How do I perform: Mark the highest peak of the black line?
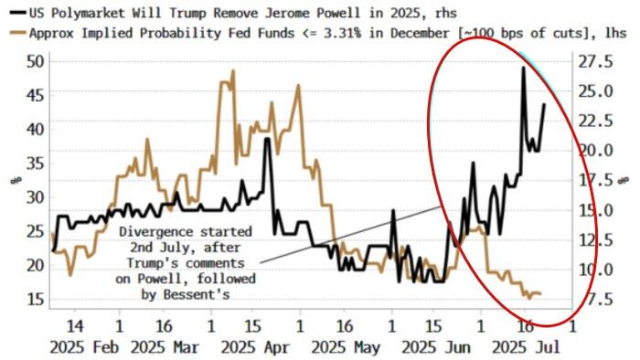[x=524, y=68]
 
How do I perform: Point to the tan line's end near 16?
[x=539, y=293]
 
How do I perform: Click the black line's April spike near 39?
[x=267, y=139]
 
